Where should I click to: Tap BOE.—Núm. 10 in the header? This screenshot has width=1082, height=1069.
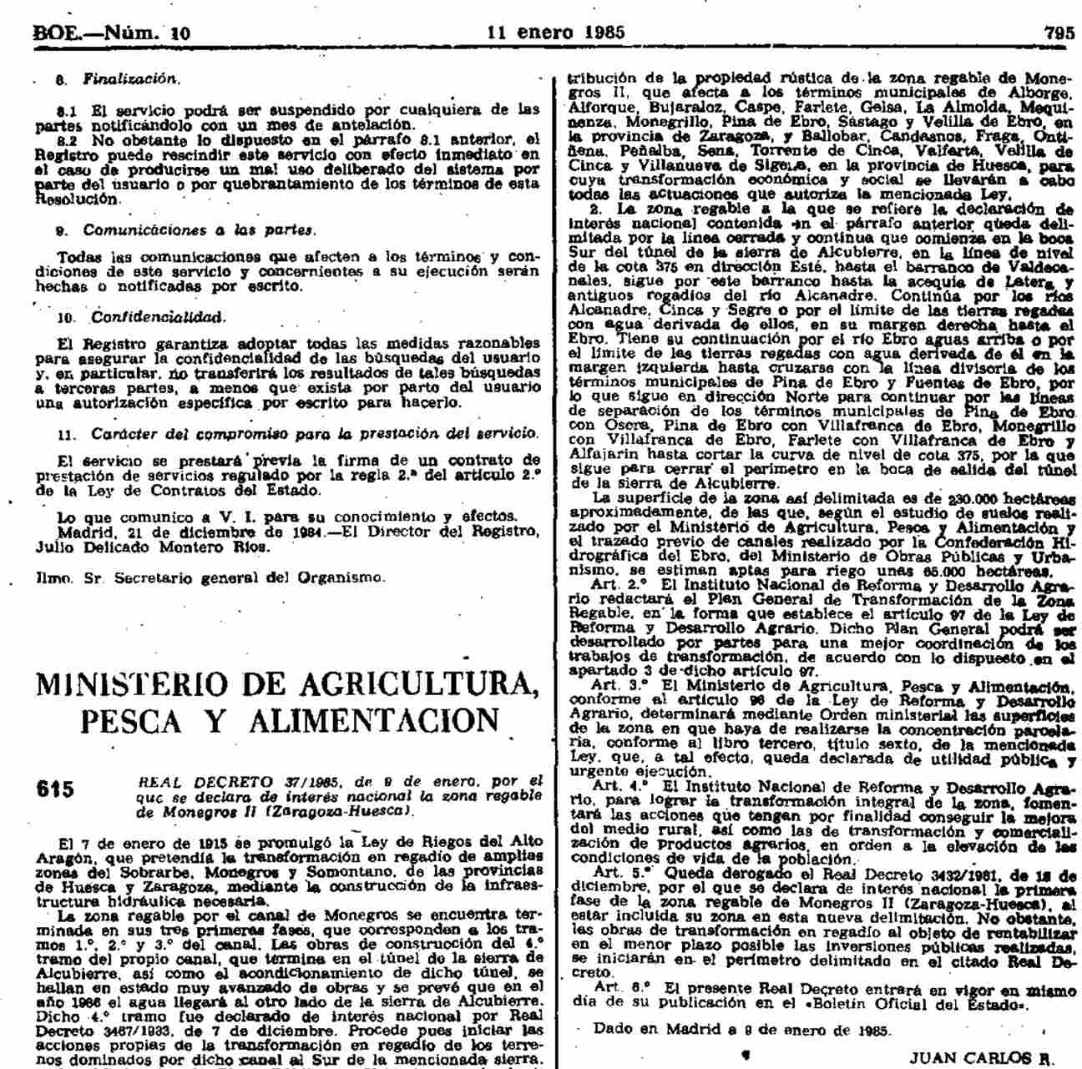[111, 34]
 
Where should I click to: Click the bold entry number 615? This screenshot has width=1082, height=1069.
[55, 789]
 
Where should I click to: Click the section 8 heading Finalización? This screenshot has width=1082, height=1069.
[130, 79]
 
